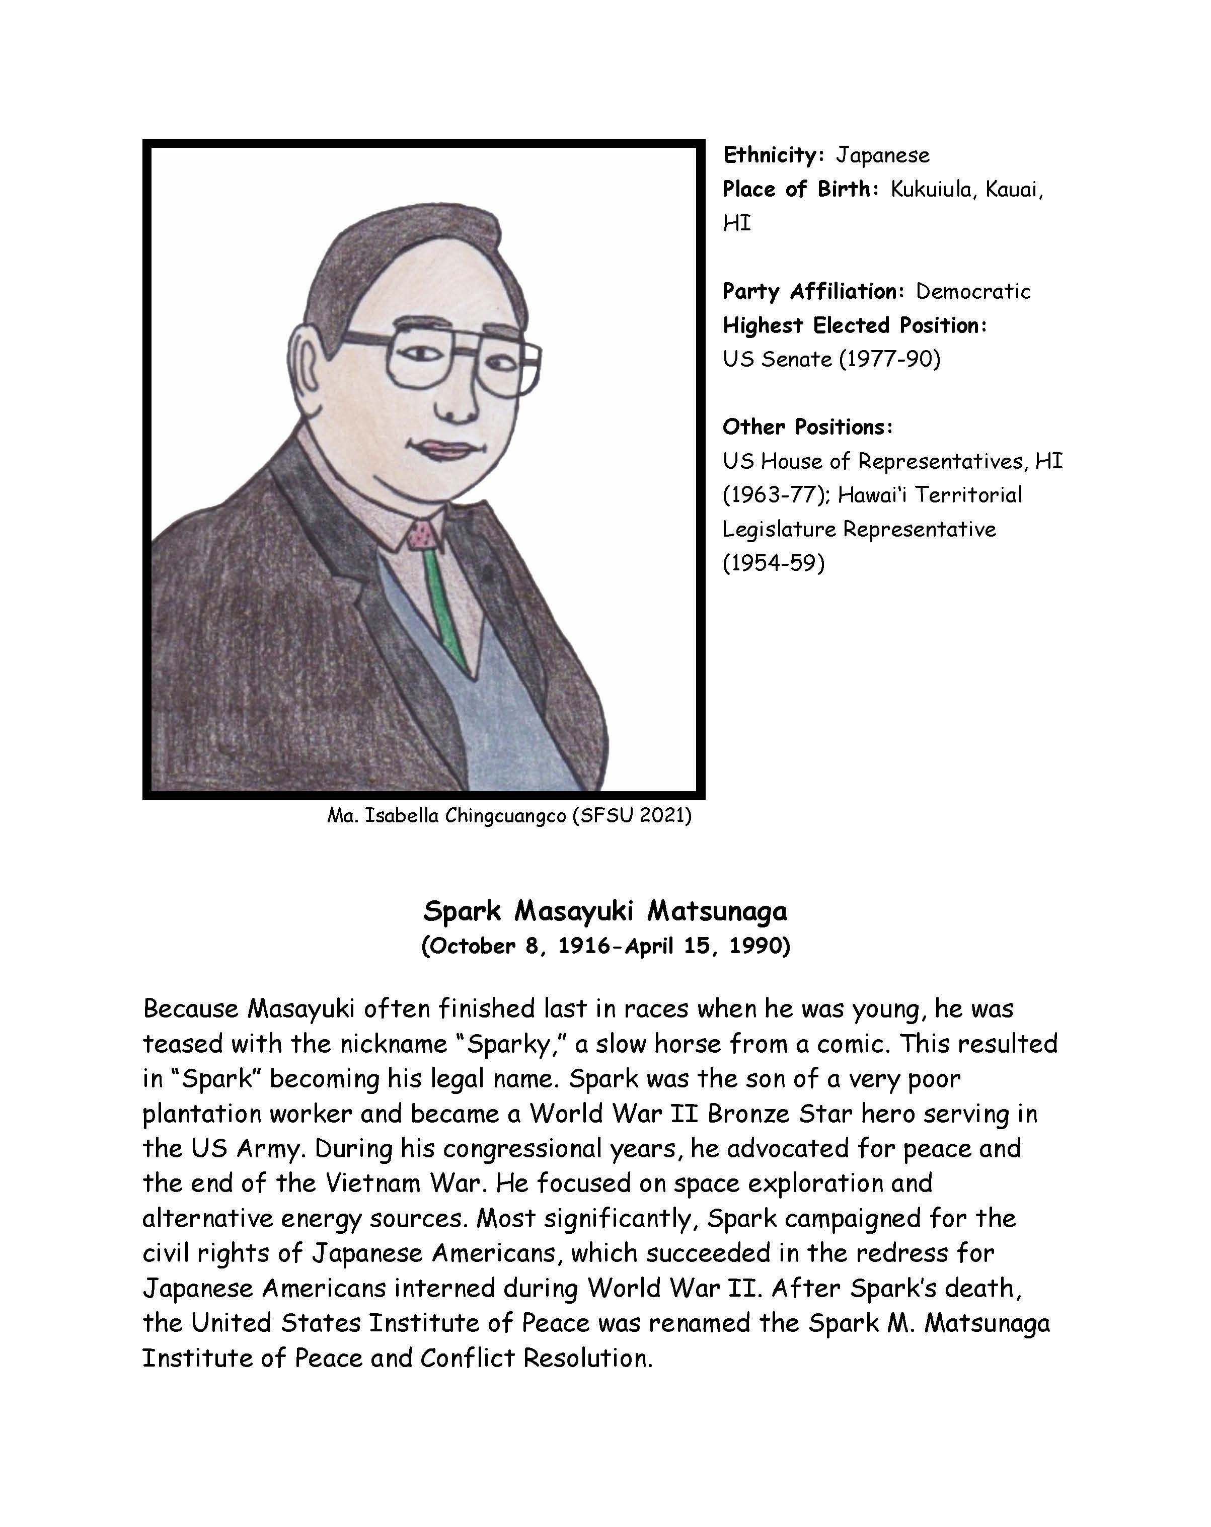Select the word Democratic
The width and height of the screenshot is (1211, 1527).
[973, 291]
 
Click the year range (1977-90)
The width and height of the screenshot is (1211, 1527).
[890, 359]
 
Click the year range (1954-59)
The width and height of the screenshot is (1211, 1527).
[773, 563]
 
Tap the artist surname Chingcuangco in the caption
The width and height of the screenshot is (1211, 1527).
[506, 816]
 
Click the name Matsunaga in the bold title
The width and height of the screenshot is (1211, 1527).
[716, 911]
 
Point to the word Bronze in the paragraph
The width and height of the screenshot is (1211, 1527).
[748, 1114]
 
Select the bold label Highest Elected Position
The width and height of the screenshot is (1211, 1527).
[854, 325]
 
